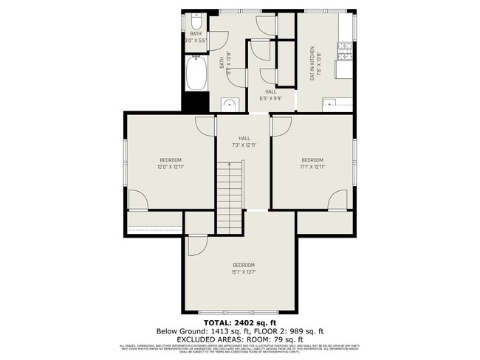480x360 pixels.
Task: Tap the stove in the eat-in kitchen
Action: click(x=343, y=52)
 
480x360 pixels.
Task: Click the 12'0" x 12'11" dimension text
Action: click(x=171, y=167)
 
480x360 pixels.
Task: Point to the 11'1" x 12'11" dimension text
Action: click(x=312, y=167)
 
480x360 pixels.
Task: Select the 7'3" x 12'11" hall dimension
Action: click(x=244, y=145)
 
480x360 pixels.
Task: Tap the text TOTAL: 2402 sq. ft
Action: click(x=239, y=322)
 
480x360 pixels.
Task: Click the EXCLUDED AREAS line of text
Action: click(x=239, y=340)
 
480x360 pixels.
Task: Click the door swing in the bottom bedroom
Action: click(x=196, y=246)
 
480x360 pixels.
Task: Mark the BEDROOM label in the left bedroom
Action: click(x=171, y=160)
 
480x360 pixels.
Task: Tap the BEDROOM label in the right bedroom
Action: click(x=312, y=160)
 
